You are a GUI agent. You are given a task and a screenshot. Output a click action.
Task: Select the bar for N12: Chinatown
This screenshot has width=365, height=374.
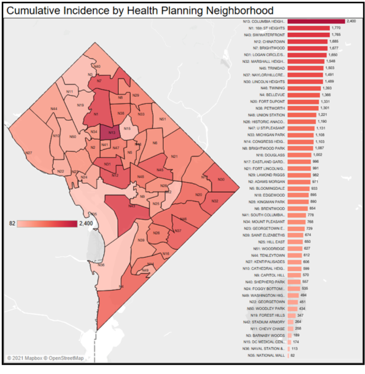pyautogui.click(x=308, y=41)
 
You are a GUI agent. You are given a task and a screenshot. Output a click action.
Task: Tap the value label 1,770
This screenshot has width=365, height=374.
pyautogui.click(x=337, y=28)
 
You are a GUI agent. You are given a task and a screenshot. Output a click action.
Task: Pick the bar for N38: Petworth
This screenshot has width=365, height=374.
pyautogui.click(x=303, y=108)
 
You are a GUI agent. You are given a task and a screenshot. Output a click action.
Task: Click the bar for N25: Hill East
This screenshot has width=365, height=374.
pyautogui.click(x=295, y=242)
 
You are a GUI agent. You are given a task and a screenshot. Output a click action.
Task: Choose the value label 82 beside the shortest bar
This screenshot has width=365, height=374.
pyautogui.click(x=293, y=356)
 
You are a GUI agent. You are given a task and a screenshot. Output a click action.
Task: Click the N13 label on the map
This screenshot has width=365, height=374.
pyautogui.click(x=112, y=133)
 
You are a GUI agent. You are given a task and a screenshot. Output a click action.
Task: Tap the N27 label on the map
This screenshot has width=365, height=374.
pyautogui.click(x=28, y=152)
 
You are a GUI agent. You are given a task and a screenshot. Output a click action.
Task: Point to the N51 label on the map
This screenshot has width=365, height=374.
pyautogui.click(x=163, y=119)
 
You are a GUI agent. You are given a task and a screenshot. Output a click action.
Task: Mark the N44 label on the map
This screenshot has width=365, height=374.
pyautogui.click(x=54, y=109)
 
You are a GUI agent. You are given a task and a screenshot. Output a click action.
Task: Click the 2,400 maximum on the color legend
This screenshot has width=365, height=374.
pyautogui.click(x=84, y=224)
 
